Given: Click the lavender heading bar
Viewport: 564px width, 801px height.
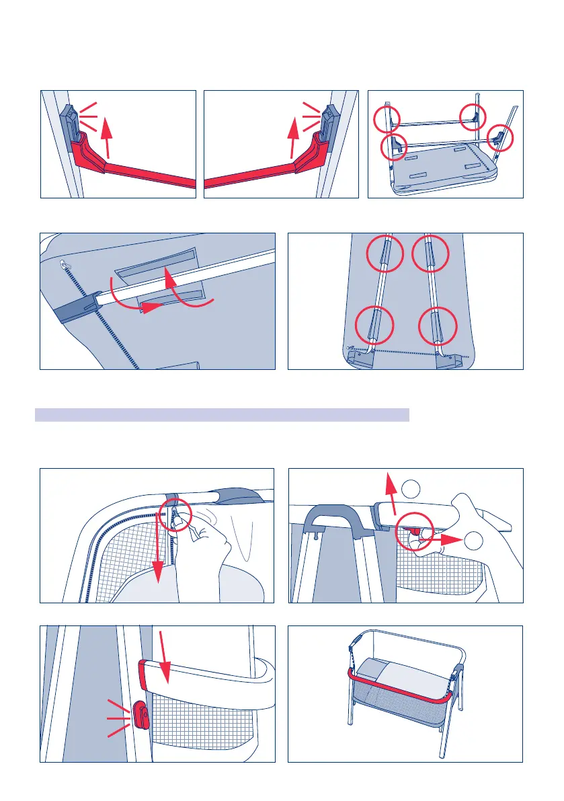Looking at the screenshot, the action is tap(222, 414).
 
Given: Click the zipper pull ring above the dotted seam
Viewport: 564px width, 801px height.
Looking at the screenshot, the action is tap(64, 264).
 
